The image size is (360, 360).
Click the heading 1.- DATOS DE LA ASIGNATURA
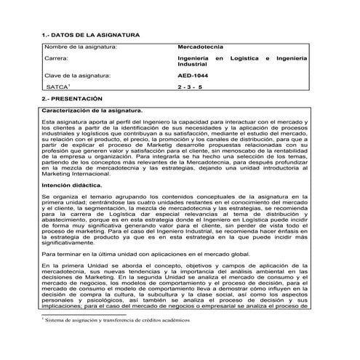pyautogui.click(x=87, y=35)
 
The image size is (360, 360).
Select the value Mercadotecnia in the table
pyautogui.click(x=201, y=47)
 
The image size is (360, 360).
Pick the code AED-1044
pyautogui.click(x=193, y=75)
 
